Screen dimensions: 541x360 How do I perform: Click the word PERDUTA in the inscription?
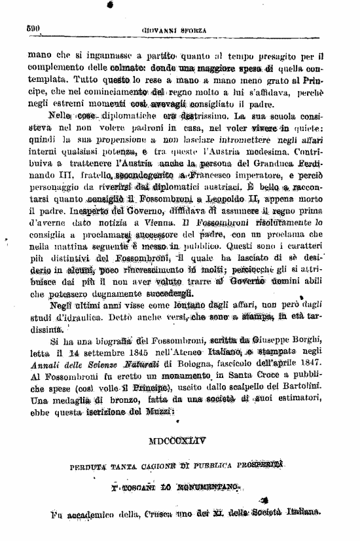(89, 466)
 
